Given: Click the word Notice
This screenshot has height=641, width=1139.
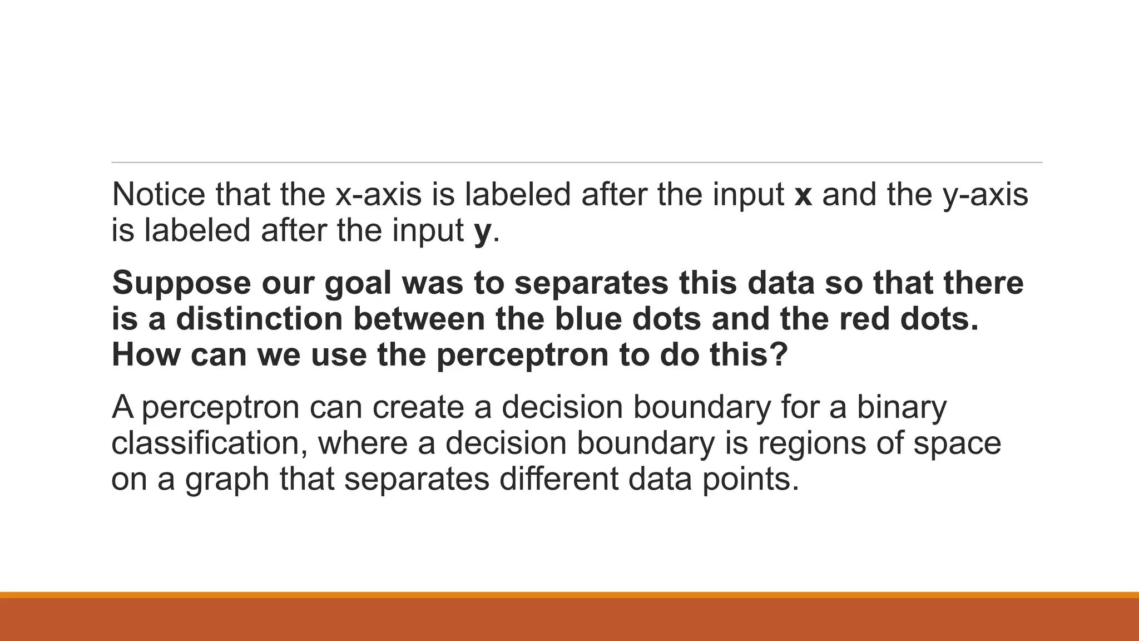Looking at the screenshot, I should [159, 194].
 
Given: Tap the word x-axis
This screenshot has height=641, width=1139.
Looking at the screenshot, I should [378, 194].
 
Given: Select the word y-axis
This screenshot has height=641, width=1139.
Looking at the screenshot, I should [986, 194].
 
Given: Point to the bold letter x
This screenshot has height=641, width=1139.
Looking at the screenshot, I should [803, 195].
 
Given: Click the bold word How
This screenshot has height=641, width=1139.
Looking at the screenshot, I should [146, 354].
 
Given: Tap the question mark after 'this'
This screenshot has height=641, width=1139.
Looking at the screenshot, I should [780, 354].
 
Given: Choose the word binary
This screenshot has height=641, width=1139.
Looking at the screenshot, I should [901, 407].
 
